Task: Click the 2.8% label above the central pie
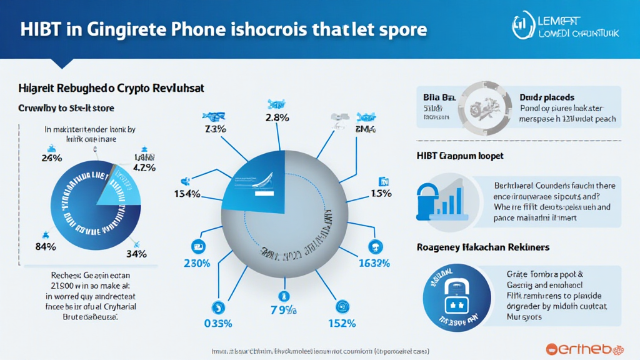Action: tap(276, 118)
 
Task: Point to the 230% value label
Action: tap(197, 264)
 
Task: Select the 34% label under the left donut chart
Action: tap(136, 254)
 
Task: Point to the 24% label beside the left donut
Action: tap(51, 158)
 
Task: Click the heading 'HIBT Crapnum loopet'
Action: tap(459, 155)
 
